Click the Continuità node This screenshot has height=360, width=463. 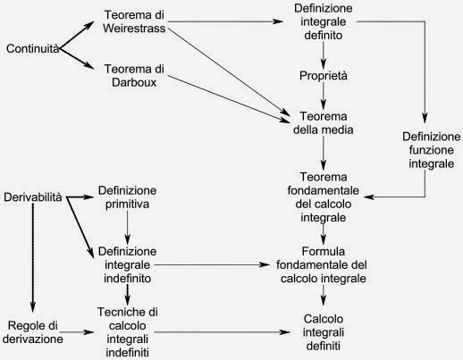tap(33, 48)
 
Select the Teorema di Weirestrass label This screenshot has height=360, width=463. tap(134, 21)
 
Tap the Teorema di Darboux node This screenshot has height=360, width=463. tap(134, 76)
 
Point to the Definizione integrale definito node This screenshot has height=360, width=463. tap(324, 21)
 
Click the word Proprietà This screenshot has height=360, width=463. tap(324, 76)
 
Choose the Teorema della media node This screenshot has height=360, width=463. tap(324, 123)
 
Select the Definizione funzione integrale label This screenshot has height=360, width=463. tap(431, 150)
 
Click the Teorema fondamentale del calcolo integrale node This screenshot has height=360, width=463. tap(324, 197)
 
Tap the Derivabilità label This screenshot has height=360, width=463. tap(33, 197)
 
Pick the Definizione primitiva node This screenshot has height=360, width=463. tap(127, 197)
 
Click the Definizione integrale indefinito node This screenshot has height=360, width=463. tap(127, 264)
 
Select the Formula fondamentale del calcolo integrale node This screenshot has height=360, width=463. tap(322, 264)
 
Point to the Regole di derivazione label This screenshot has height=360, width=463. tap(33, 332)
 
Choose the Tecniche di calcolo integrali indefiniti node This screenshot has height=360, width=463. tap(127, 332)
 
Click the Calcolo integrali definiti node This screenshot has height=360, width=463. tap(324, 332)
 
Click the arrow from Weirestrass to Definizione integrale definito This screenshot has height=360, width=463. tap(225, 21)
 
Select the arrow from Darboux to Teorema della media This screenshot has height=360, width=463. tap(229, 98)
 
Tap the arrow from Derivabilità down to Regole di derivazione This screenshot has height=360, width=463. tap(33, 258)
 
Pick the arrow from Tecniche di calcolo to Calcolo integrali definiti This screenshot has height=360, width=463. tap(222, 332)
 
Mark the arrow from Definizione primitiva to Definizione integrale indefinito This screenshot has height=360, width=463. tap(127, 227)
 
